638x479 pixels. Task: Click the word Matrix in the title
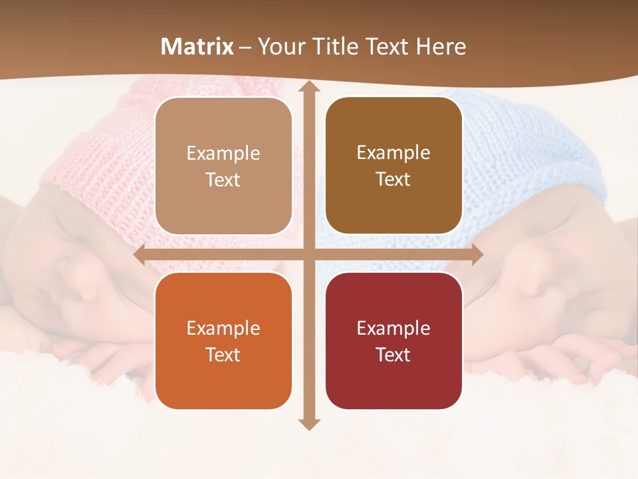click(197, 47)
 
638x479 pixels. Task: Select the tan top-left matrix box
click(223, 166)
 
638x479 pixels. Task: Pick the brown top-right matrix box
click(393, 166)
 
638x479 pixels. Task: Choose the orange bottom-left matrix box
click(223, 341)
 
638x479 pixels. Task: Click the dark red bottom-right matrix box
click(393, 341)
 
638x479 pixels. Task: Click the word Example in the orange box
click(223, 328)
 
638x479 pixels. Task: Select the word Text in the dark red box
click(393, 355)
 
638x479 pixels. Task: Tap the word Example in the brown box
click(393, 153)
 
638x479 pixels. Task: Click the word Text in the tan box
click(223, 180)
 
